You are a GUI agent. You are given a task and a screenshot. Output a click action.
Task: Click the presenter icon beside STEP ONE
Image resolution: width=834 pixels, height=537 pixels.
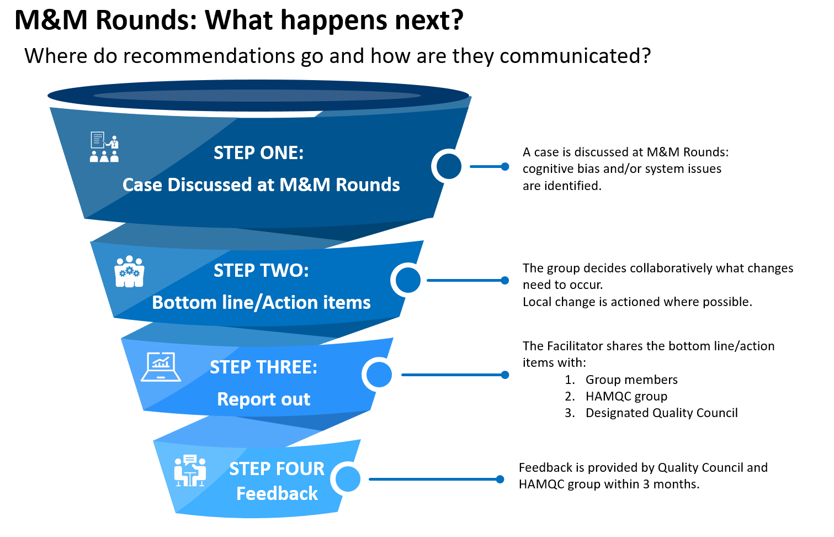pyautogui.click(x=104, y=147)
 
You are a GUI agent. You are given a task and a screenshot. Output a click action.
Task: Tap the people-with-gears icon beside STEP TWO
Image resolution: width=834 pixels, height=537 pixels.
pyautogui.click(x=129, y=271)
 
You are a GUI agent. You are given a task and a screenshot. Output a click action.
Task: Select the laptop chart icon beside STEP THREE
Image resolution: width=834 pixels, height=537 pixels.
pyautogui.click(x=161, y=367)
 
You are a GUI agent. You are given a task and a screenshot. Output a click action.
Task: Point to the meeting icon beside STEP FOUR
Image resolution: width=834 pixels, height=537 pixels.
pyautogui.click(x=190, y=470)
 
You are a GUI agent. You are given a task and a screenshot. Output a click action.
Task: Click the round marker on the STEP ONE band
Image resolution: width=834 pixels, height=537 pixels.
pyautogui.click(x=449, y=166)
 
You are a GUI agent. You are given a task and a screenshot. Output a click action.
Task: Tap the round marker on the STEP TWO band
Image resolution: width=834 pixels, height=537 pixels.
pyautogui.click(x=408, y=280)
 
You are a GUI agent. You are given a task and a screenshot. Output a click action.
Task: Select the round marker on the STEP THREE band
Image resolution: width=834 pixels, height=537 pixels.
pyautogui.click(x=379, y=375)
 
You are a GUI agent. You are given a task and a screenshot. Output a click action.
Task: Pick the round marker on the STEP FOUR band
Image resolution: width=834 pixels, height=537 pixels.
pyautogui.click(x=347, y=479)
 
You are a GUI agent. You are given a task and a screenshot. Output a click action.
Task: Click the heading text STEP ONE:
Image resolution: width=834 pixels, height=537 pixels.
pyautogui.click(x=259, y=153)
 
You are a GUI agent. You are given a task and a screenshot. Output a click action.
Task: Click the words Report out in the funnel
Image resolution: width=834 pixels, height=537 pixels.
pyautogui.click(x=264, y=399)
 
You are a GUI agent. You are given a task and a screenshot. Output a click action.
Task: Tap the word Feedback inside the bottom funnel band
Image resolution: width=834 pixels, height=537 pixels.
pyautogui.click(x=277, y=493)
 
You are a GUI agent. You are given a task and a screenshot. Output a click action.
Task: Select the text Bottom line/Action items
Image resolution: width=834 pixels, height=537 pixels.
pyautogui.click(x=262, y=302)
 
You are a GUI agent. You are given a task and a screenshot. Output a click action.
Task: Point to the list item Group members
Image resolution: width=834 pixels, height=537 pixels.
pyautogui.click(x=631, y=380)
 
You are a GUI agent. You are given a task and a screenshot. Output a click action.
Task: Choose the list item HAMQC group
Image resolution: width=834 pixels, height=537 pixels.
pyautogui.click(x=626, y=396)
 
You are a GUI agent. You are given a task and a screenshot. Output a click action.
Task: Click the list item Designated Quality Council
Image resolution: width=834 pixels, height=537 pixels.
pyautogui.click(x=662, y=413)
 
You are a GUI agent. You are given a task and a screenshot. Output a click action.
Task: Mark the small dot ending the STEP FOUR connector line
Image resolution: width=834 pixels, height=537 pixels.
pyautogui.click(x=500, y=479)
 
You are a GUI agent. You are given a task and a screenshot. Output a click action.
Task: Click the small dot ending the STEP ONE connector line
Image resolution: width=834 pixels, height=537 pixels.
pyautogui.click(x=505, y=167)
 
